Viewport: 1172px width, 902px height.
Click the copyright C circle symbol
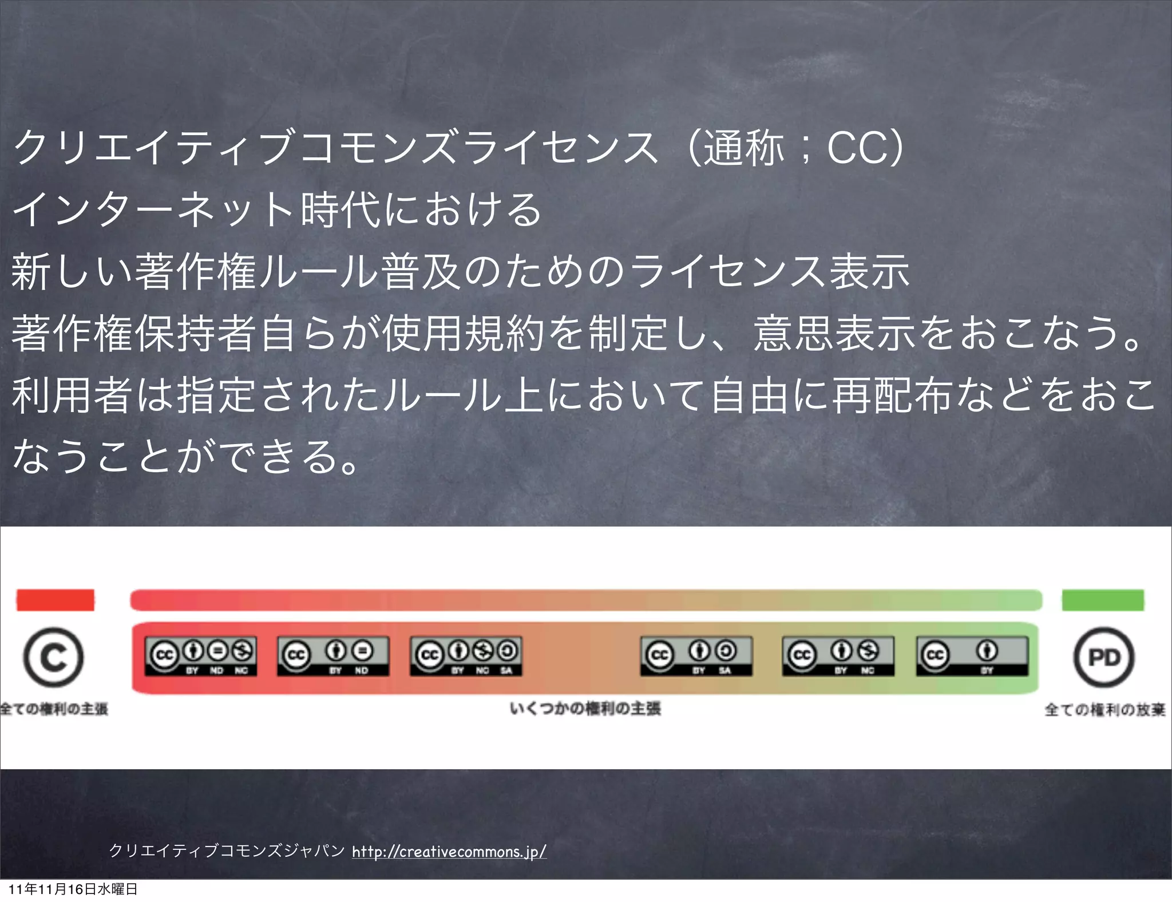point(53,657)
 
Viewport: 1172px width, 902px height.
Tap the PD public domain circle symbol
point(1104,657)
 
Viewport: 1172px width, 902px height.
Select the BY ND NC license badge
point(200,656)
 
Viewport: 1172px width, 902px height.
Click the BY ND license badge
point(333,656)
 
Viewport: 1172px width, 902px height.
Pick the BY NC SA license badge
point(466,656)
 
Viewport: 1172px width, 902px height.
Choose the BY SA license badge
point(696,656)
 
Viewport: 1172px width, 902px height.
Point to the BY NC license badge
point(838,656)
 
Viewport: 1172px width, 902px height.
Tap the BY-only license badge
point(972,656)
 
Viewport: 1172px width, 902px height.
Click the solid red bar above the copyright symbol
point(55,600)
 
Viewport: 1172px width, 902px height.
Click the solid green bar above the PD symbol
point(1103,600)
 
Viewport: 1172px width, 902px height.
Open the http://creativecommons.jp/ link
point(449,852)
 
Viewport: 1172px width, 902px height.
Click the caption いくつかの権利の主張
point(585,709)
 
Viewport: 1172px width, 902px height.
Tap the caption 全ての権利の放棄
point(1104,710)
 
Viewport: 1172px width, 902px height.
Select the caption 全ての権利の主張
point(54,709)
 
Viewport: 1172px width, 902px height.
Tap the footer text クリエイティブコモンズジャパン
point(227,851)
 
